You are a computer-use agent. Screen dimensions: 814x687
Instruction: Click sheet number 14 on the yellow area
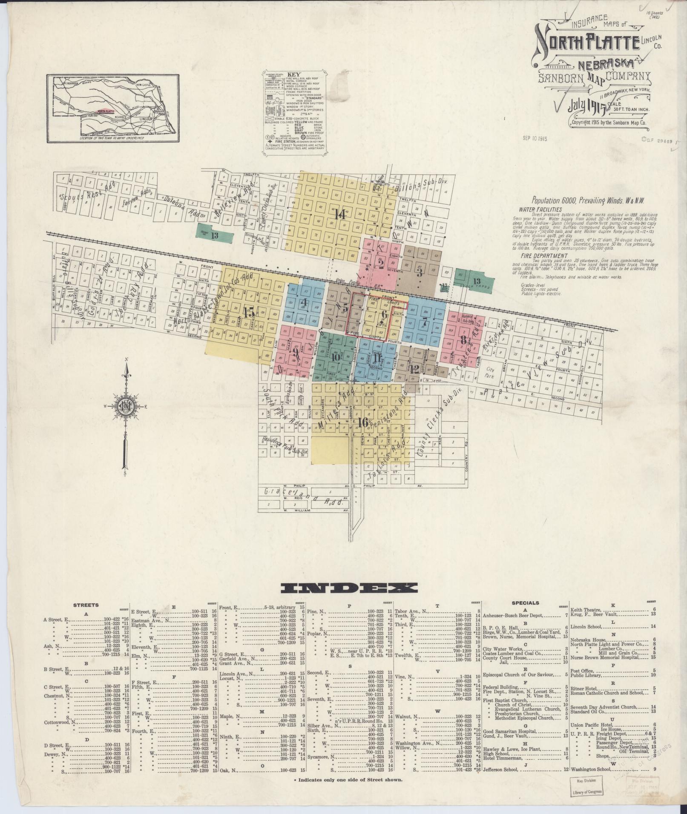pyautogui.click(x=340, y=215)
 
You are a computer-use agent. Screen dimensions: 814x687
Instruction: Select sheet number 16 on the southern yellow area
pyautogui.click(x=363, y=423)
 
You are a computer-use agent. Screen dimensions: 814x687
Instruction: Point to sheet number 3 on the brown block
pyautogui.click(x=419, y=273)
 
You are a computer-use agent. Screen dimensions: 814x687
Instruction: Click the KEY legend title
pyautogui.click(x=294, y=74)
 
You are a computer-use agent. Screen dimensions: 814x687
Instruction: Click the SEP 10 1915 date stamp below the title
pyautogui.click(x=535, y=138)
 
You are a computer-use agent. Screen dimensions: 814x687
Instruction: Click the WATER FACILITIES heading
pyautogui.click(x=540, y=209)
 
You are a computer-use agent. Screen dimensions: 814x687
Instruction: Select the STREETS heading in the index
pyautogui.click(x=86, y=605)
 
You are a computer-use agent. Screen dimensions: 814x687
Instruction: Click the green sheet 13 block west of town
pyautogui.click(x=214, y=235)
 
